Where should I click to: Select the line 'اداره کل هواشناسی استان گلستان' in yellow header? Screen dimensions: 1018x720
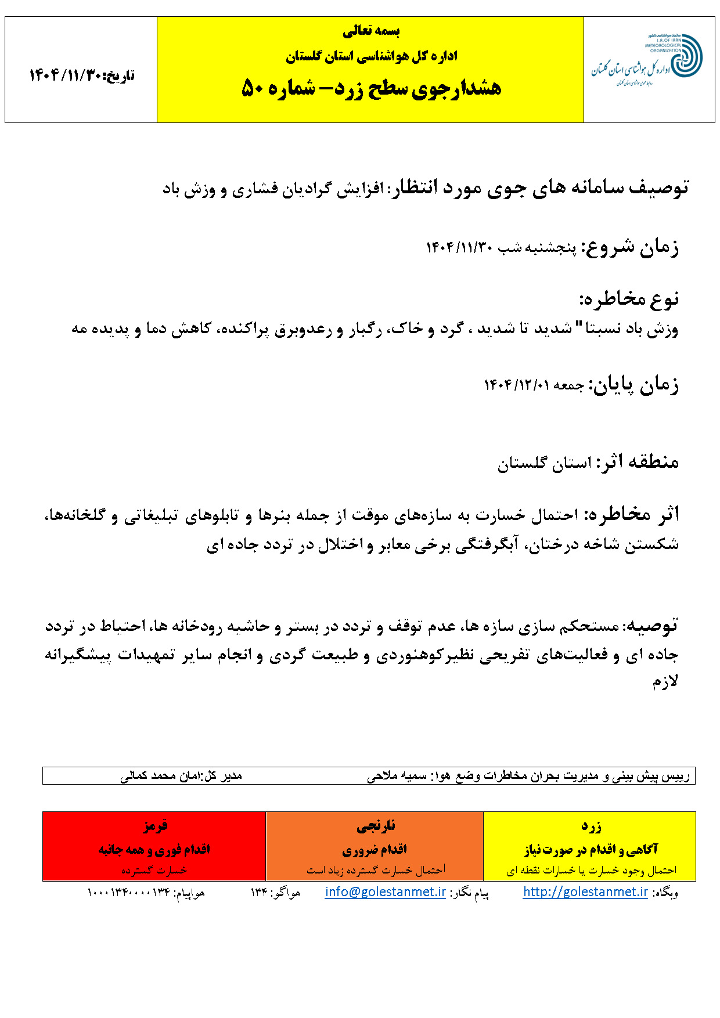[371, 56]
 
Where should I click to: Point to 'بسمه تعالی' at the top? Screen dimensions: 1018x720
[371, 31]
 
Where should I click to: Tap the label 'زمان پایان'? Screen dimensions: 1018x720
[634, 385]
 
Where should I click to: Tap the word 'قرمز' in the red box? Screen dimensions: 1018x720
[154, 825]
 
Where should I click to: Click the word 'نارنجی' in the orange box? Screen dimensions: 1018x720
[375, 825]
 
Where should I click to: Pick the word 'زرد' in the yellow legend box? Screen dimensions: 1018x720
[591, 825]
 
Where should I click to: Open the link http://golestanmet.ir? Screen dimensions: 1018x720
[585, 892]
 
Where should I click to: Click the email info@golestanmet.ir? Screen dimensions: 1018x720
[385, 892]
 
